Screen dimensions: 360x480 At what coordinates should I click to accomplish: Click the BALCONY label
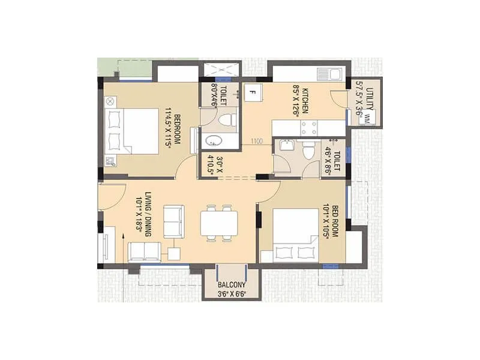[x=231, y=284]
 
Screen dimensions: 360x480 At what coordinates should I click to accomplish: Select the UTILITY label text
[x=370, y=98]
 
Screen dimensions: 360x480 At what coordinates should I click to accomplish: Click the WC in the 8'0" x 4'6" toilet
[x=226, y=119]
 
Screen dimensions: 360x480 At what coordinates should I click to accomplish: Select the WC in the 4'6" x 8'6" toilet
[x=308, y=150]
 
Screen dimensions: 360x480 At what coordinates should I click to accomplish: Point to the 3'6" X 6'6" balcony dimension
[x=231, y=294]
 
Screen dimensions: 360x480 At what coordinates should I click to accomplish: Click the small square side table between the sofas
[x=175, y=253]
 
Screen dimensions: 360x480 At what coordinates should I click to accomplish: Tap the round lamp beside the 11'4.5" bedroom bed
[x=110, y=102]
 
